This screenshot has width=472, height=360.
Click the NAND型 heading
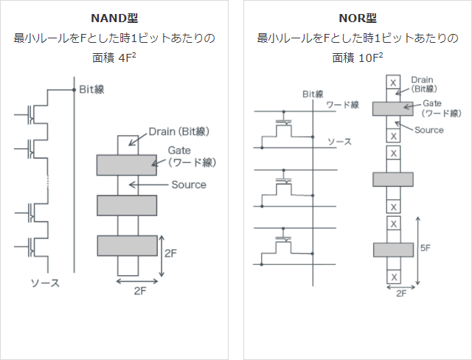pyautogui.click(x=114, y=18)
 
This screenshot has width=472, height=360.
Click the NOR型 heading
pyautogui.click(x=358, y=18)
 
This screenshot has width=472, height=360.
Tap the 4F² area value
pyautogui.click(x=127, y=58)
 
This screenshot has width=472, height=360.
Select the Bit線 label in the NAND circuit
pyautogui.click(x=91, y=89)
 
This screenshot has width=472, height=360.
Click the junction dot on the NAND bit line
pyautogui.click(x=74, y=90)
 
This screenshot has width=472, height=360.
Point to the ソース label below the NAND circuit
pyautogui.click(x=45, y=283)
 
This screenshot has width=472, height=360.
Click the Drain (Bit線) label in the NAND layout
pyautogui.click(x=179, y=131)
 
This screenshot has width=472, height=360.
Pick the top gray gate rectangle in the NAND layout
pyautogui.click(x=126, y=165)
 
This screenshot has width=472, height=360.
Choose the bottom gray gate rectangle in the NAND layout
pyautogui.click(x=128, y=246)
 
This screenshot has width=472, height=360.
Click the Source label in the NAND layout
pyautogui.click(x=189, y=184)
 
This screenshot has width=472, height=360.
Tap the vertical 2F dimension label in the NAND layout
pyautogui.click(x=170, y=253)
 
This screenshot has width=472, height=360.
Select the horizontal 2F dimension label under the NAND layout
pyautogui.click(x=140, y=291)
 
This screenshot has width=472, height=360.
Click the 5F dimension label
pyautogui.click(x=426, y=248)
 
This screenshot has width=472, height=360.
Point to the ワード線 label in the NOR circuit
pyautogui.click(x=343, y=105)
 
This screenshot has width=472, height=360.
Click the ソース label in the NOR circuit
pyautogui.click(x=339, y=142)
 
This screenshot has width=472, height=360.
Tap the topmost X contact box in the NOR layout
pyautogui.click(x=393, y=82)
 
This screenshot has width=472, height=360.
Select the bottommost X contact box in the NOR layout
pyautogui.click(x=394, y=277)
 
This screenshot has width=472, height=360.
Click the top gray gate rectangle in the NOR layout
pyautogui.click(x=393, y=108)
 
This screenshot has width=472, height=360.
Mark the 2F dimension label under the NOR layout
pyautogui.click(x=401, y=293)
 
